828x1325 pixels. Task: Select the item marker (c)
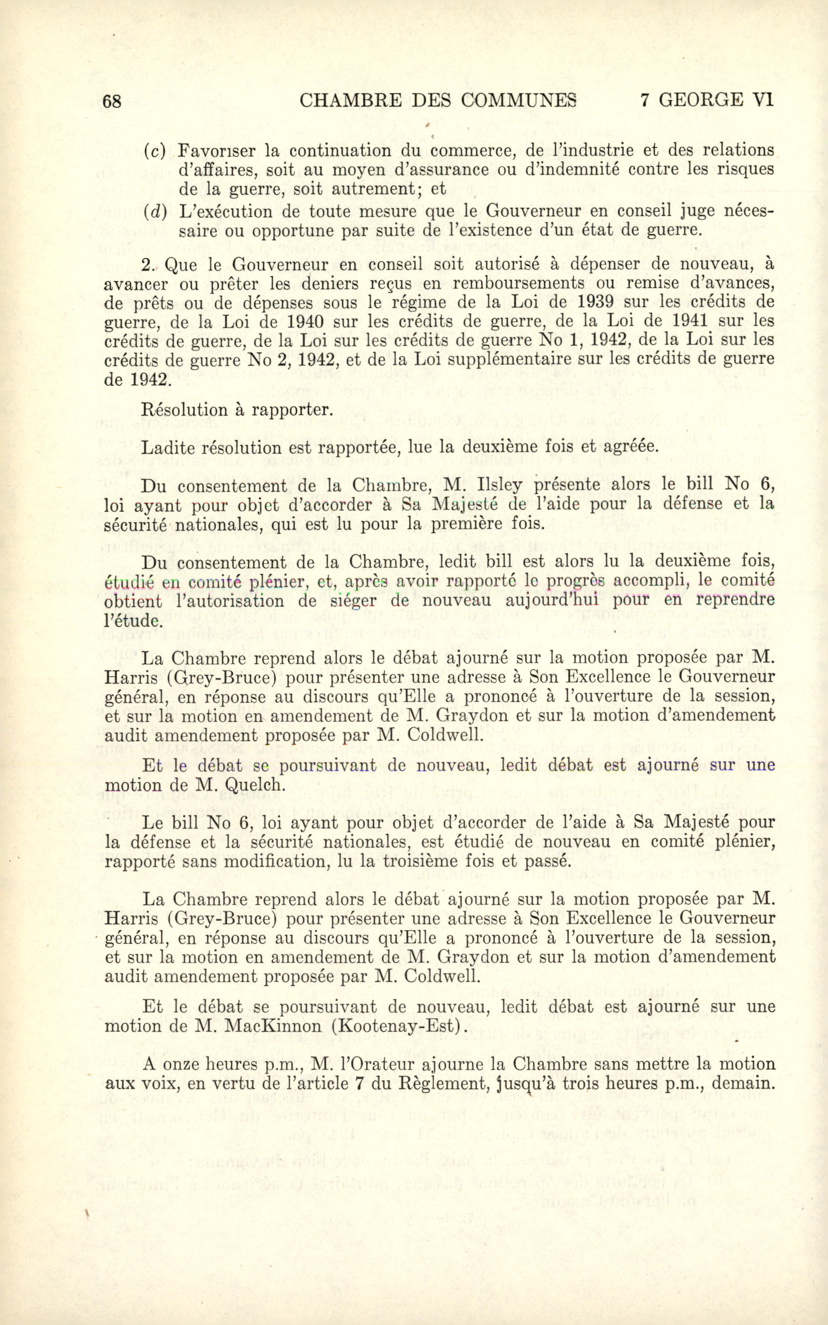click(155, 151)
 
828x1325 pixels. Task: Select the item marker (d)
click(155, 211)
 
